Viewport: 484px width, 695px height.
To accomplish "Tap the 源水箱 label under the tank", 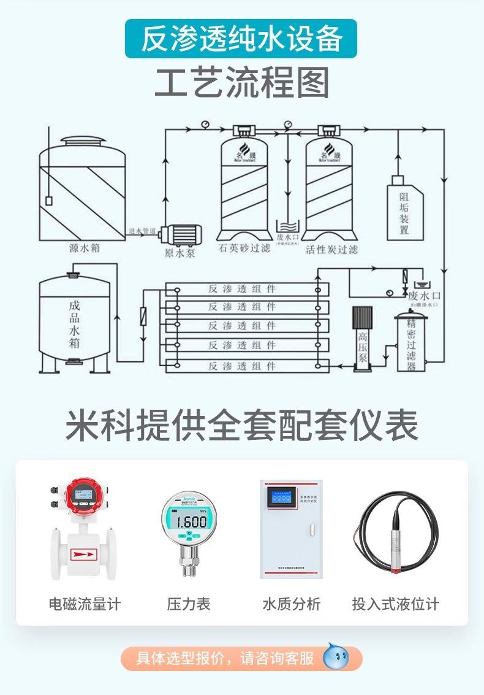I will coord(84,249).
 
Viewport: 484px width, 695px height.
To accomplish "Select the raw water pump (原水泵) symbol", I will coord(182,234).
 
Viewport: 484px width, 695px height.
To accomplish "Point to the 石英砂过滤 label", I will coord(244,250).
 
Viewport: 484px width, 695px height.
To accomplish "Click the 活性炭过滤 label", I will coord(331,250).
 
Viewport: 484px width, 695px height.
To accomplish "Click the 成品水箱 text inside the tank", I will coord(74,323).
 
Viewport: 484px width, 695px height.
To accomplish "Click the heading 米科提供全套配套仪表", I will coord(242,424).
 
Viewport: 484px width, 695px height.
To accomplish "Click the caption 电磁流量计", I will coord(85,604).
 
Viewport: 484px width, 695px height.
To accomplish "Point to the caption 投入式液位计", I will coord(395,604).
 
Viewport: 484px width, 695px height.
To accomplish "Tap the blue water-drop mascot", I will coord(335,657).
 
